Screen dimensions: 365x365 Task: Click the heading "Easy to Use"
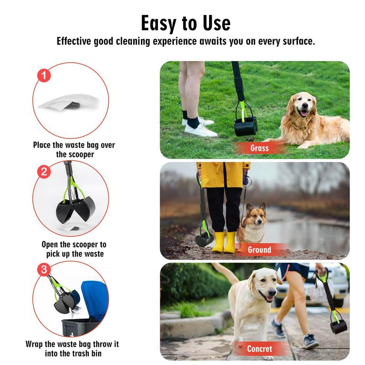186,23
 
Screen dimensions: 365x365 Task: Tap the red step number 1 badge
44,75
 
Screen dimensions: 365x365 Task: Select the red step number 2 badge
44,172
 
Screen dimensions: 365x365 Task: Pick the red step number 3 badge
44,269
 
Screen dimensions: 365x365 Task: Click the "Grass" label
260,148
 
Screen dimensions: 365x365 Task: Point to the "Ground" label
260,250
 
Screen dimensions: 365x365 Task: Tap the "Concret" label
260,349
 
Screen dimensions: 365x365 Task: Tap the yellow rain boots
224,242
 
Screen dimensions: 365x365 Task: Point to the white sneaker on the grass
201,130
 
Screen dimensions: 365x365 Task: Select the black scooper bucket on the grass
245,127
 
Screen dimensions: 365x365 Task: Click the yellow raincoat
223,175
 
